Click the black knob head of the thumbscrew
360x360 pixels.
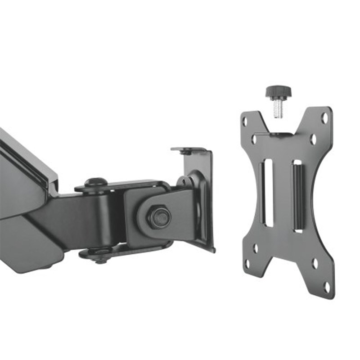pos(278,93)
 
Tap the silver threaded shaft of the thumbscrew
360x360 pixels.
pos(278,109)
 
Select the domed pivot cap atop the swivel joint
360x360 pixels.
pos(96,182)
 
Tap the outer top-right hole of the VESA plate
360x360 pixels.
pos(324,118)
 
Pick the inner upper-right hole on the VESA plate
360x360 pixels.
pos(313,139)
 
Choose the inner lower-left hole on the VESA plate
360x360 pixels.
pos(256,247)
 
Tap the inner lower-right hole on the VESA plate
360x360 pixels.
pos(315,264)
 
